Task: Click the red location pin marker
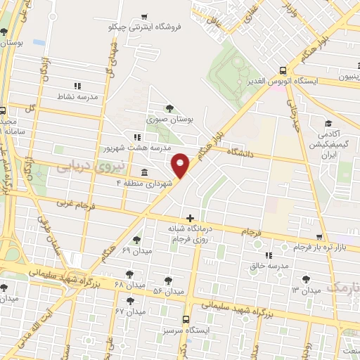(181, 165)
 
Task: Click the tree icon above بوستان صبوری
(169, 108)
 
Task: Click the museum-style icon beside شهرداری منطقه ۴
(144, 173)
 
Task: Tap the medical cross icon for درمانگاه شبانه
(189, 218)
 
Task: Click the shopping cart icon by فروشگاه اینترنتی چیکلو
(144, 17)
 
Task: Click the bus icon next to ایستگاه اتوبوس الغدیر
(283, 70)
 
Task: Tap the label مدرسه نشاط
(83, 96)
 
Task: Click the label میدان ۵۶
(168, 290)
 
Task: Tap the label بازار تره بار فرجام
(301, 247)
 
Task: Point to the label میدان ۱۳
(306, 290)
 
